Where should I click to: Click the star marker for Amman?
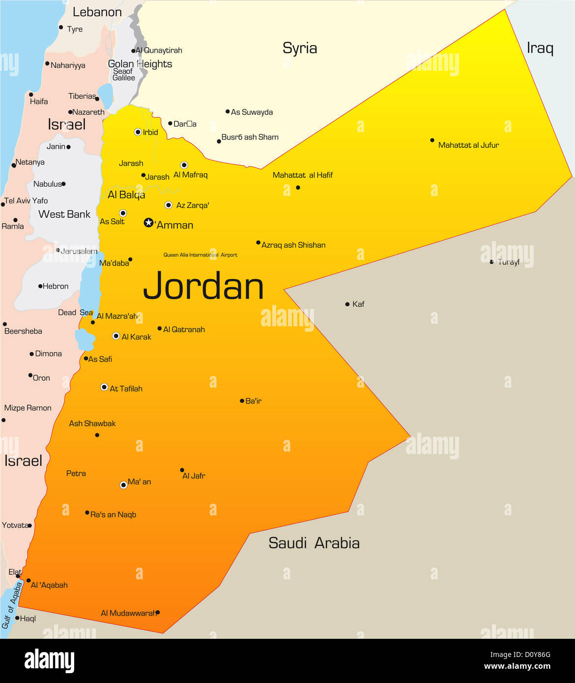coord(148,223)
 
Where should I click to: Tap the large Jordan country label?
coord(203,286)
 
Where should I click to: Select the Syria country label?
coord(300,48)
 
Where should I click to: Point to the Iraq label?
coord(540,48)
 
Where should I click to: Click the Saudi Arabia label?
coord(314,543)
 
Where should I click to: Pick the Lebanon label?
coord(97,12)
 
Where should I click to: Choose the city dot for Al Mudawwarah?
coord(157,612)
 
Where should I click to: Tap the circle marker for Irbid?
coord(138,132)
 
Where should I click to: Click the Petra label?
coord(76,473)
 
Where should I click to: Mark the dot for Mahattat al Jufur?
coord(432,140)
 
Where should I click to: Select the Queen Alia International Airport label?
coord(200,255)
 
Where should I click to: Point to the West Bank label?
coord(64,214)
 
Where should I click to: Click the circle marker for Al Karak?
coord(116,336)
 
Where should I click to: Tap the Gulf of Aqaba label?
coord(12,605)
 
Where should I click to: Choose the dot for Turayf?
coord(491,262)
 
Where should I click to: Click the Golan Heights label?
coord(140,64)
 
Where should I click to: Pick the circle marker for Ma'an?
coord(124,485)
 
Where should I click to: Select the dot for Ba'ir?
coord(242,401)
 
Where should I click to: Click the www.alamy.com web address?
coord(517,666)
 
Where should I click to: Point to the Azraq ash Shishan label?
coord(293,245)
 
